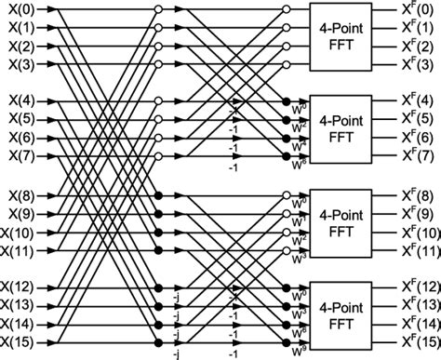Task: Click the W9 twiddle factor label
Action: tap(297, 351)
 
